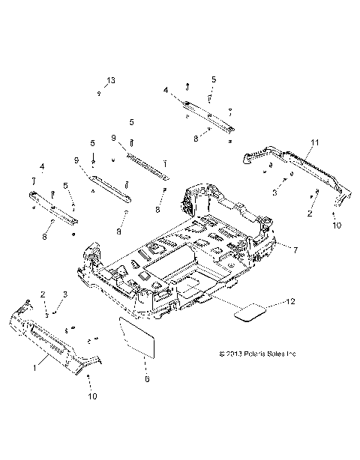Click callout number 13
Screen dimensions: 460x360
click(111, 80)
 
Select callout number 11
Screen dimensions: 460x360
click(315, 142)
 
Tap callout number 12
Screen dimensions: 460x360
click(292, 302)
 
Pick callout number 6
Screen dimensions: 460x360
click(147, 379)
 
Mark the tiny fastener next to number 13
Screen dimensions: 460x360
click(100, 94)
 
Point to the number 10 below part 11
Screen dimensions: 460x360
click(335, 224)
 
